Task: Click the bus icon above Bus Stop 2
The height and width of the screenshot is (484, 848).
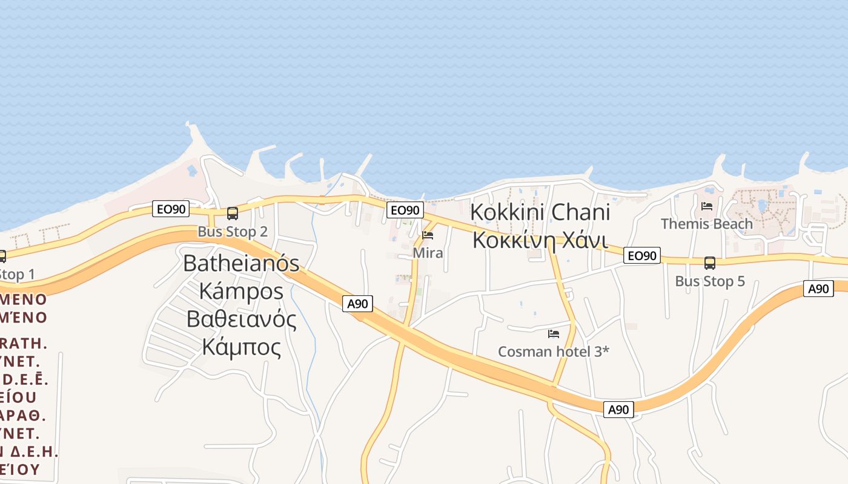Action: [233, 213]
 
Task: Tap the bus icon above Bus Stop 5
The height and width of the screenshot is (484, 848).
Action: [710, 263]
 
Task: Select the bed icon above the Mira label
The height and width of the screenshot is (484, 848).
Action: [428, 235]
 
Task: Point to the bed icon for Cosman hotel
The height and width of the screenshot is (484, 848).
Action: [553, 333]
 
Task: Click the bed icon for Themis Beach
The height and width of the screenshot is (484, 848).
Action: [707, 206]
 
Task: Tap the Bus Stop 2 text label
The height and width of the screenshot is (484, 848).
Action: [233, 232]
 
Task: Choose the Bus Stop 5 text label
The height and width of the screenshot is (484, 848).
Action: [710, 281]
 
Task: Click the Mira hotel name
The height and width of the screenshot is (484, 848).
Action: [428, 253]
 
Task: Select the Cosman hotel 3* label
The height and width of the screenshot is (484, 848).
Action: [553, 352]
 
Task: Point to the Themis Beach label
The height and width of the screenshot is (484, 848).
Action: [707, 224]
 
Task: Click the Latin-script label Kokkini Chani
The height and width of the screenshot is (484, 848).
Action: [540, 213]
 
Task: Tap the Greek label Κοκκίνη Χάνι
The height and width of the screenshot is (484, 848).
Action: [540, 240]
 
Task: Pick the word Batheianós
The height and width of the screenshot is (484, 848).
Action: [241, 263]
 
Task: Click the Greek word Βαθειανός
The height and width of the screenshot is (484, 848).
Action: [241, 319]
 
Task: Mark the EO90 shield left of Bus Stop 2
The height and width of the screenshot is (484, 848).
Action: [171, 209]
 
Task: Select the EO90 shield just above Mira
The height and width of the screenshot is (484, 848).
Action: [405, 210]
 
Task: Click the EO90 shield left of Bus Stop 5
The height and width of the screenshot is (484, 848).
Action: [641, 255]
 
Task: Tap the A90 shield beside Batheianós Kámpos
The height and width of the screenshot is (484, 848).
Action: [358, 304]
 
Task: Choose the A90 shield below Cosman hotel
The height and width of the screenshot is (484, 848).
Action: [618, 410]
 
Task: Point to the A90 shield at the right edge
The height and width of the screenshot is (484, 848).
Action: [818, 289]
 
